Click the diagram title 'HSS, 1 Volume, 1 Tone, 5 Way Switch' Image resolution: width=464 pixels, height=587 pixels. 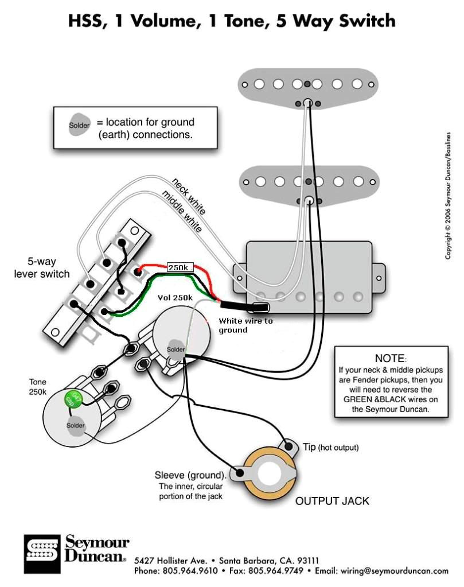[232, 21]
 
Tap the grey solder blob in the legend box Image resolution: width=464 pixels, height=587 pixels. [79, 125]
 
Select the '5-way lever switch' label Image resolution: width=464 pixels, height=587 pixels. [41, 269]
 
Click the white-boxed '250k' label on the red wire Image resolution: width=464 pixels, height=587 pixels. [180, 268]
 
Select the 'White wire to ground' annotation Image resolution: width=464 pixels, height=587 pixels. [245, 325]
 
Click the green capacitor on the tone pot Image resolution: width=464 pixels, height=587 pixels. [73, 398]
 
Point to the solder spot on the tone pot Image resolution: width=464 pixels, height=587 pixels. [75, 426]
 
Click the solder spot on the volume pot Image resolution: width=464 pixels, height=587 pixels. [176, 349]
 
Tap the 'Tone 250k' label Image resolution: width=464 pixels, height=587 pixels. [38, 387]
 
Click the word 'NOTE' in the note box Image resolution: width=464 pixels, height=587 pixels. [389, 358]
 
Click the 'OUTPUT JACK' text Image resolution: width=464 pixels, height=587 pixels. [332, 501]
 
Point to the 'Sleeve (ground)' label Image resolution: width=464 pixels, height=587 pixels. [190, 475]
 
